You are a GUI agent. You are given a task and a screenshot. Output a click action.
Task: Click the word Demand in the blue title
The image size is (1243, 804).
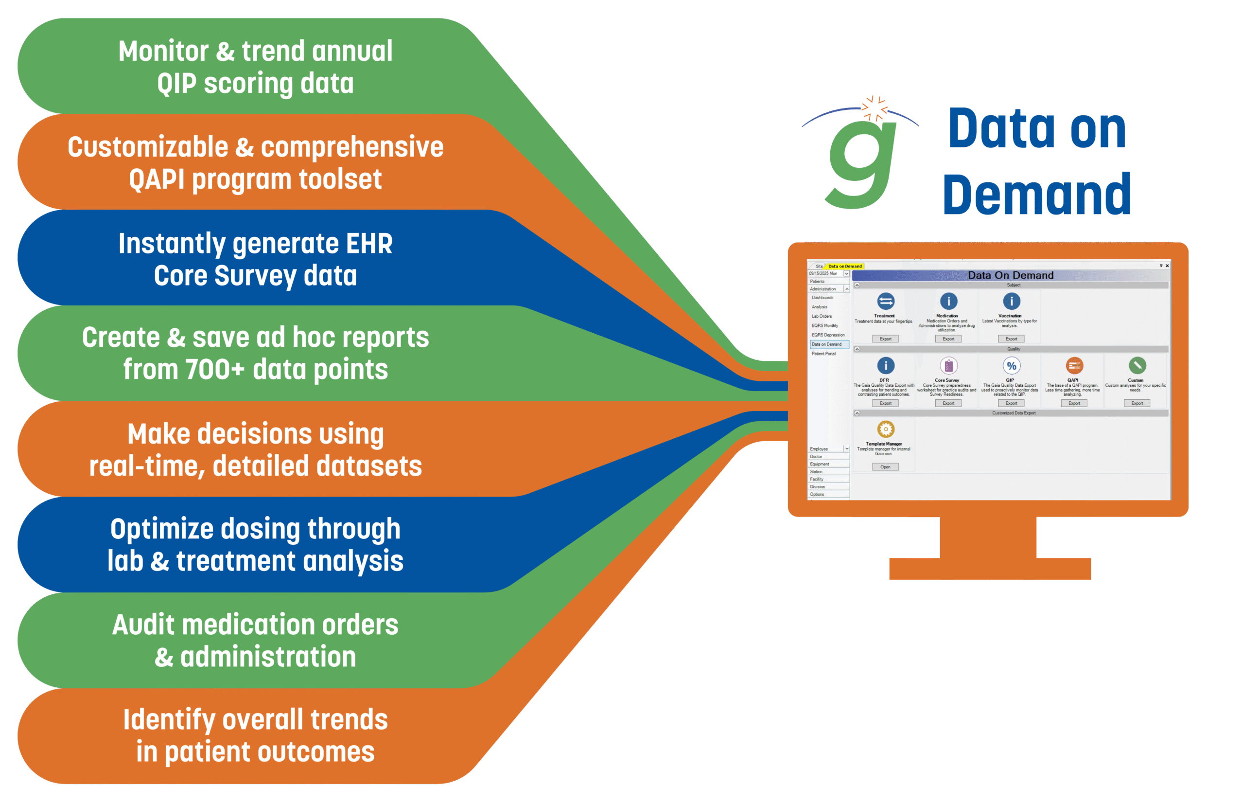pyautogui.click(x=1036, y=195)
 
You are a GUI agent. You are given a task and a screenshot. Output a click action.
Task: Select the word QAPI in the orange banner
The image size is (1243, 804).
pyautogui.click(x=157, y=179)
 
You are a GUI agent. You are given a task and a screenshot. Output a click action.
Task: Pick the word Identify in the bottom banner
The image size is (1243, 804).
pyautogui.click(x=169, y=720)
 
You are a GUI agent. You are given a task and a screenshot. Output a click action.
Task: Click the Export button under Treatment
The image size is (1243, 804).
pyautogui.click(x=886, y=339)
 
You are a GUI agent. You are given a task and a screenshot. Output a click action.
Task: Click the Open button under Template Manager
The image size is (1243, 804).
pyautogui.click(x=885, y=467)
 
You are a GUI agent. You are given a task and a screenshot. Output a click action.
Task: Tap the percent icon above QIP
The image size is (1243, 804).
pyautogui.click(x=1011, y=365)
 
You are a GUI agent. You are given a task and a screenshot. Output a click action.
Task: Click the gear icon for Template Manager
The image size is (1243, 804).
pyautogui.click(x=886, y=429)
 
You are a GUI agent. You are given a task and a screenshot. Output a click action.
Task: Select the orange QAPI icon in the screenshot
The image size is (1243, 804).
pyautogui.click(x=1074, y=365)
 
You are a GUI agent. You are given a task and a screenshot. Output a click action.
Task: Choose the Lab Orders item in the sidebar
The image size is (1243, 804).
pyautogui.click(x=822, y=316)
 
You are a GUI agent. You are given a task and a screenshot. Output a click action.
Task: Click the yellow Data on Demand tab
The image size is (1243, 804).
pyautogui.click(x=845, y=266)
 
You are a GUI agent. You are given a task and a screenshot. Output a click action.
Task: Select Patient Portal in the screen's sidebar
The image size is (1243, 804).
pyautogui.click(x=823, y=354)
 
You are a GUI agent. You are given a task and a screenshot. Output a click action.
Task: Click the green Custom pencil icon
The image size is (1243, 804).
pyautogui.click(x=1137, y=365)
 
